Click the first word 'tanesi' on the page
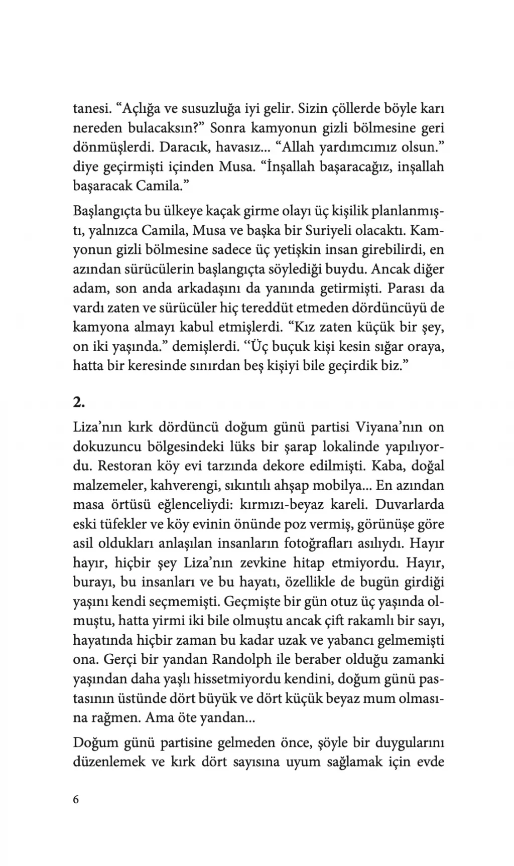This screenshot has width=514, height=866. tap(92, 108)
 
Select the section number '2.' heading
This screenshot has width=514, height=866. tap(79, 402)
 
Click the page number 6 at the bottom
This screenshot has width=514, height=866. tap(76, 799)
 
